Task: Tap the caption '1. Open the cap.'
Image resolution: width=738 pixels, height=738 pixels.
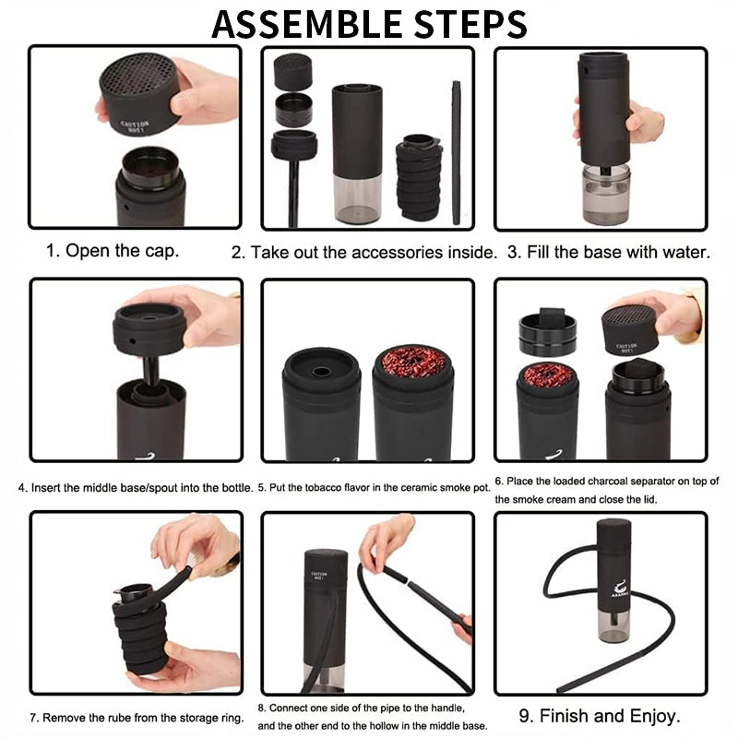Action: tap(113, 250)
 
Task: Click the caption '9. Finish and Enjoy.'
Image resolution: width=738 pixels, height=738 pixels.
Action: tap(611, 715)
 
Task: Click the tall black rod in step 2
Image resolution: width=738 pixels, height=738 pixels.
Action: tap(456, 152)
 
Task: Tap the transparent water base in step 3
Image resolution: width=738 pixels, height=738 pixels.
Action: tap(607, 194)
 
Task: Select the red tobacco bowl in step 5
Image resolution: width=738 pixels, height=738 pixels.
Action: tap(411, 363)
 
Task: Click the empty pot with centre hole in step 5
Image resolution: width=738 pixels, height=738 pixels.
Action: tap(321, 372)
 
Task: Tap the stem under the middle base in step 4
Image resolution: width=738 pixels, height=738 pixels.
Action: tap(151, 373)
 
